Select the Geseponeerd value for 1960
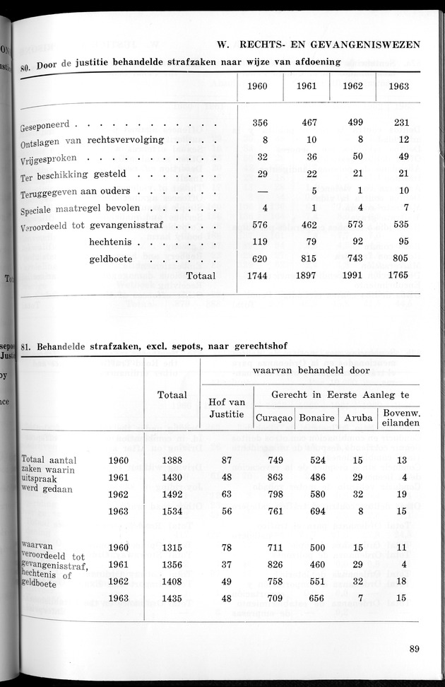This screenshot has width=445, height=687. point(260,122)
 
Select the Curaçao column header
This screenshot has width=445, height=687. point(273,418)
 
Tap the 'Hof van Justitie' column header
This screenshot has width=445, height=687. point(227,409)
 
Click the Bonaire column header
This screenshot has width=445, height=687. point(316,418)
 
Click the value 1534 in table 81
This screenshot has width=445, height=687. point(172,511)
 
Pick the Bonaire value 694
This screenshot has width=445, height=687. point(316,511)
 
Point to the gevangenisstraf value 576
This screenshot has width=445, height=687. point(260,224)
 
